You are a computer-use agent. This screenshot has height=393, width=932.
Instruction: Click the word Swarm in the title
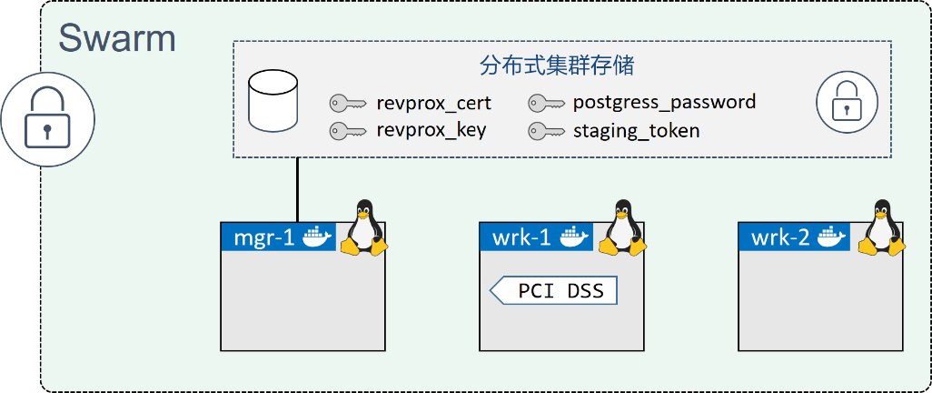(x=117, y=38)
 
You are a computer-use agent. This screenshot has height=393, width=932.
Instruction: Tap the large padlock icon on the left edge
(x=47, y=119)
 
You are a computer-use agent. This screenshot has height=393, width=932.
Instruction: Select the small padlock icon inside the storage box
(x=847, y=100)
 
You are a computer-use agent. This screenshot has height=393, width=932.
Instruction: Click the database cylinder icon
(x=273, y=102)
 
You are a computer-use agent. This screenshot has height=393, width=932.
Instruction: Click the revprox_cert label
(x=434, y=102)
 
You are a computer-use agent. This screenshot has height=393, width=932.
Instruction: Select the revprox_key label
(x=431, y=130)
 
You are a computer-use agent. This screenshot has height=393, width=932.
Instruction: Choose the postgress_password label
(x=664, y=102)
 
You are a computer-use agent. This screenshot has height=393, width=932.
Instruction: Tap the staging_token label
(x=636, y=130)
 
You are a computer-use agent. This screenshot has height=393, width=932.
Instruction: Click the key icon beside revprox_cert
(x=348, y=103)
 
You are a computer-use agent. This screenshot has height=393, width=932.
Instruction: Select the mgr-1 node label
(x=264, y=237)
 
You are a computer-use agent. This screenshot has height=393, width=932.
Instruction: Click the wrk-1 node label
(x=521, y=237)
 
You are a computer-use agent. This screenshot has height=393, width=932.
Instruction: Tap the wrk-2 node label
(x=780, y=237)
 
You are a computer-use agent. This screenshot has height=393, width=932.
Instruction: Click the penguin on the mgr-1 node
(x=363, y=227)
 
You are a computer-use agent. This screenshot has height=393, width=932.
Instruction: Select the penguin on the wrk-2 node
(x=879, y=227)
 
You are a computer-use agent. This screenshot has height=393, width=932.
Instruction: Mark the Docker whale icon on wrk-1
(x=574, y=237)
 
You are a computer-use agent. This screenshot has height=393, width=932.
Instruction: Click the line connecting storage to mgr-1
(x=297, y=189)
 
